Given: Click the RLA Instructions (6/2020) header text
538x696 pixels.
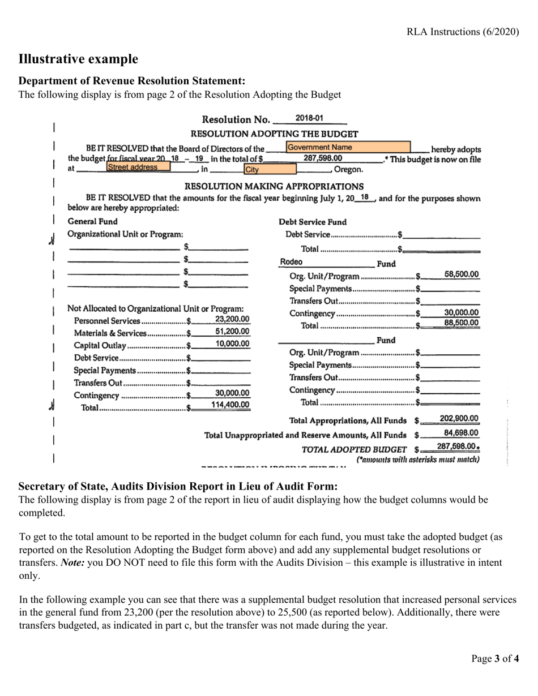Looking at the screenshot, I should pyautogui.click(x=463, y=32).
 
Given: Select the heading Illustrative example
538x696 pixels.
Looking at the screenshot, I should pyautogui.click(x=78, y=59).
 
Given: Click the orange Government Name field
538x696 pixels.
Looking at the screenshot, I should pyautogui.click(x=348, y=148).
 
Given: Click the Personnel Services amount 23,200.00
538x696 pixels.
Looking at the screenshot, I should pyautogui.click(x=232, y=319).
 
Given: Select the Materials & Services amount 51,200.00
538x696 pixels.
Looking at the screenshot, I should pyautogui.click(x=232, y=332).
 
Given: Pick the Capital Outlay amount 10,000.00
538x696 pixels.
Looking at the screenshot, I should pyautogui.click(x=232, y=344).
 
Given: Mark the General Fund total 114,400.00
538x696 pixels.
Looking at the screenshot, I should pyautogui.click(x=230, y=405).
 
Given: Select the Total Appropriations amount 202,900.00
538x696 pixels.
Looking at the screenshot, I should pyautogui.click(x=459, y=419).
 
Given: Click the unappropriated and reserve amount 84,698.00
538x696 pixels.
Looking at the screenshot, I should pyautogui.click(x=461, y=433).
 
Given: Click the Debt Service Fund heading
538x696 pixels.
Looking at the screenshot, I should pyautogui.click(x=313, y=222).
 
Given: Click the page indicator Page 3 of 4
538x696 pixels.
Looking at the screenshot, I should pyautogui.click(x=496, y=658).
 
